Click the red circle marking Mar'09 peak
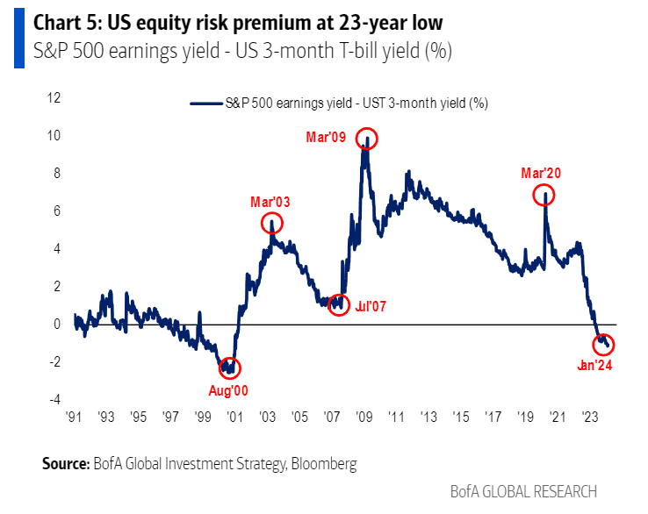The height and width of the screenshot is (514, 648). pyautogui.click(x=367, y=139)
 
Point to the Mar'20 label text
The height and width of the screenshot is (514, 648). pyautogui.click(x=541, y=174)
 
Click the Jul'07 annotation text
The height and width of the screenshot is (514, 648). pyautogui.click(x=370, y=307)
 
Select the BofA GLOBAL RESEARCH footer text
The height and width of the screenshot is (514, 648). pyautogui.click(x=523, y=491)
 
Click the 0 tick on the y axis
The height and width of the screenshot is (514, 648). pyautogui.click(x=57, y=324)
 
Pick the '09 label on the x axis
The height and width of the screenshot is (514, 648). pyautogui.click(x=362, y=417)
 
